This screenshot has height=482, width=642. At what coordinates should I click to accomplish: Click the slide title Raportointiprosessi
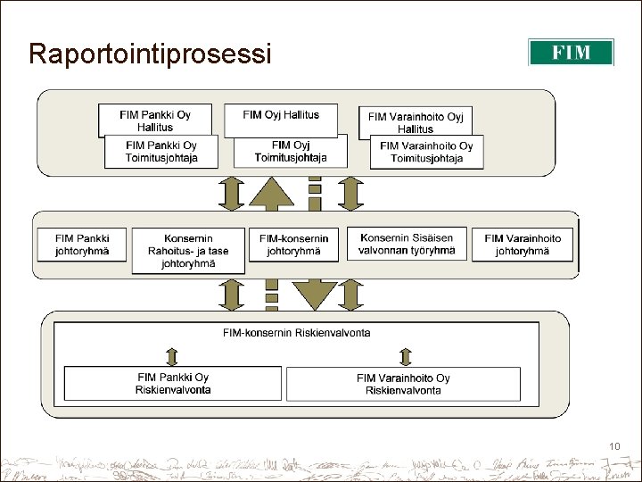(x=149, y=54)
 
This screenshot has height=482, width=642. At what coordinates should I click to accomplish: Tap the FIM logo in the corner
(x=571, y=52)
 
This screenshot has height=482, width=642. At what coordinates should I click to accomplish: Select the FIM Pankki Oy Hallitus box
(x=155, y=120)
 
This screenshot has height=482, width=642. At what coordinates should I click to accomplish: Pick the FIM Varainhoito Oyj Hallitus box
(x=416, y=121)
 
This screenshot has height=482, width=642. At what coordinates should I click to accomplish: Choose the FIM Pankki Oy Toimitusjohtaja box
(x=161, y=152)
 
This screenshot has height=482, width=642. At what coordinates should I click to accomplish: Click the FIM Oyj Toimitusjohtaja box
(x=291, y=152)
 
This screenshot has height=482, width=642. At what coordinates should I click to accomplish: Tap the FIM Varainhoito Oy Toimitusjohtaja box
(x=426, y=152)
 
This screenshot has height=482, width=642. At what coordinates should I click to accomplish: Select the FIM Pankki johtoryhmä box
(x=82, y=245)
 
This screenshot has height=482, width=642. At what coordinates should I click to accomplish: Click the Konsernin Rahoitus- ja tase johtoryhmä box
(x=188, y=251)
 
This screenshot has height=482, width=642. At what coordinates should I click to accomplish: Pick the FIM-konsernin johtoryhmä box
(x=294, y=245)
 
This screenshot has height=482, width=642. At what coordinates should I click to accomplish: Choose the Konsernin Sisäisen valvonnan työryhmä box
(x=407, y=244)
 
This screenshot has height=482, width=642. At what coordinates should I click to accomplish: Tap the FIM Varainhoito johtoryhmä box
(x=523, y=245)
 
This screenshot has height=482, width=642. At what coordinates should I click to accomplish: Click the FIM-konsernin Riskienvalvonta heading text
(x=297, y=333)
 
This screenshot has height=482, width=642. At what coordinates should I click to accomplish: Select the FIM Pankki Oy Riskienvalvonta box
(x=173, y=384)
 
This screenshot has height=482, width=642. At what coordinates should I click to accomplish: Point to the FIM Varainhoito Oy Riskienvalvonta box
(x=403, y=384)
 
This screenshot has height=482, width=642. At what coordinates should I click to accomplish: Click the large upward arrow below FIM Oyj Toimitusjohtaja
(x=271, y=192)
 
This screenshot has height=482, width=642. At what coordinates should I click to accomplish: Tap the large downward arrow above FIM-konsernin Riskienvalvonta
(x=313, y=293)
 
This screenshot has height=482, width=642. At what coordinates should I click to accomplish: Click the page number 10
(x=614, y=446)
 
